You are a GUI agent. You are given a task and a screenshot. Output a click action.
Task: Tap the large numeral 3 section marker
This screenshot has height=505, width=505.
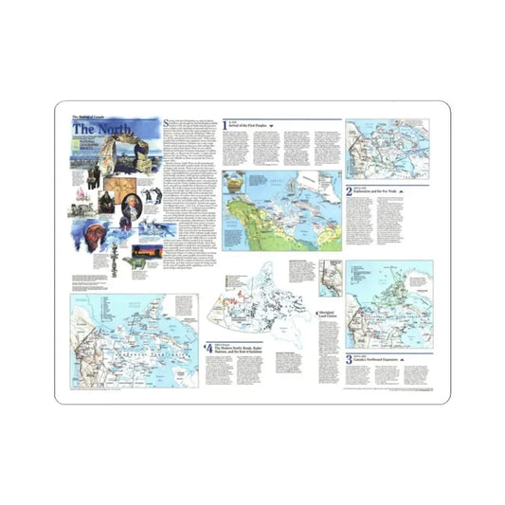click(x=349, y=360)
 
